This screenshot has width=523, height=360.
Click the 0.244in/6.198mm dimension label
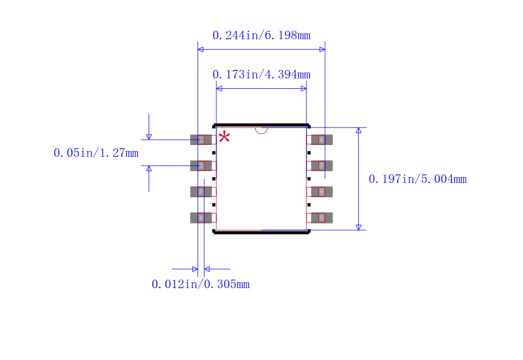click(261, 35)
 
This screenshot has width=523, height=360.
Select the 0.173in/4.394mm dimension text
click(261, 74)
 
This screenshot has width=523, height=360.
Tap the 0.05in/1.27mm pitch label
click(96, 153)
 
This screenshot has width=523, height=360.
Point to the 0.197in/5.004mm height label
click(418, 179)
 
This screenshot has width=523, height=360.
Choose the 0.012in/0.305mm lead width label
click(201, 284)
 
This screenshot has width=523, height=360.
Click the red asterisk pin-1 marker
click(224, 137)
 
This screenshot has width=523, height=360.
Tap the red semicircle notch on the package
click(261, 129)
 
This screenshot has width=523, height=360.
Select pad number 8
click(322, 139)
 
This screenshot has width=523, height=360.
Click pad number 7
click(322, 165)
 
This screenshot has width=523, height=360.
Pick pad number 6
click(322, 191)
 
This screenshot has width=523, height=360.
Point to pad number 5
click(322, 218)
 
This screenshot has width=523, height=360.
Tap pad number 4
click(201, 218)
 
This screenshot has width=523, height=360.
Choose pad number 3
click(201, 191)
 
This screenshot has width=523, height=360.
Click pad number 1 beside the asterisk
click(201, 139)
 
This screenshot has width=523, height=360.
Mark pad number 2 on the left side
click(201, 165)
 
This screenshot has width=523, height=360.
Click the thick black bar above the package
click(261, 124)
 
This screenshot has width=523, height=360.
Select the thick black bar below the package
click(261, 232)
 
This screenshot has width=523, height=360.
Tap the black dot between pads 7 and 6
click(309, 178)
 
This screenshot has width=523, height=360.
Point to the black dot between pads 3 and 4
click(214, 205)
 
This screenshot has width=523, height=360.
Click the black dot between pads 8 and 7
click(309, 152)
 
